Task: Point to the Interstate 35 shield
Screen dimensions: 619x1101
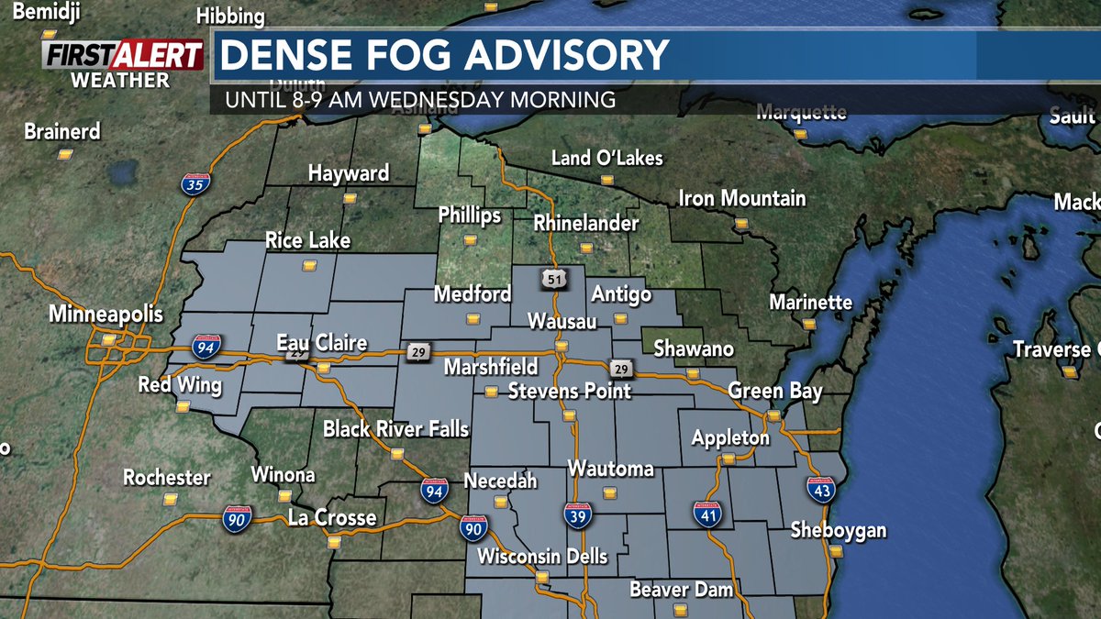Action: tap(195, 182)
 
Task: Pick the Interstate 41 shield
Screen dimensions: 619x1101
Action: tap(707, 514)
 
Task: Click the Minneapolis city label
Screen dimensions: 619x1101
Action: tap(106, 315)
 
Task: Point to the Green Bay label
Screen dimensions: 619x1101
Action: tap(769, 392)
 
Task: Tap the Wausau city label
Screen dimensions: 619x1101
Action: tap(562, 322)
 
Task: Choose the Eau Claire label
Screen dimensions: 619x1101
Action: tap(322, 344)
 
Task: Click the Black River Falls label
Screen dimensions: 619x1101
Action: tap(395, 429)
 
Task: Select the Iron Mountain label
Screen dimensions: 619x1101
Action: tap(741, 198)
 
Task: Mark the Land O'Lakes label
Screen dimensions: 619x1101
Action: tap(606, 158)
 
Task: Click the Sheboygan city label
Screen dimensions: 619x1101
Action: tap(840, 532)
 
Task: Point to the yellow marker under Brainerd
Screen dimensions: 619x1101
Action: tap(64, 154)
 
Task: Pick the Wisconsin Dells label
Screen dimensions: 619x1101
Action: tap(542, 557)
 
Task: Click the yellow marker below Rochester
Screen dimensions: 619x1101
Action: tap(170, 500)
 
